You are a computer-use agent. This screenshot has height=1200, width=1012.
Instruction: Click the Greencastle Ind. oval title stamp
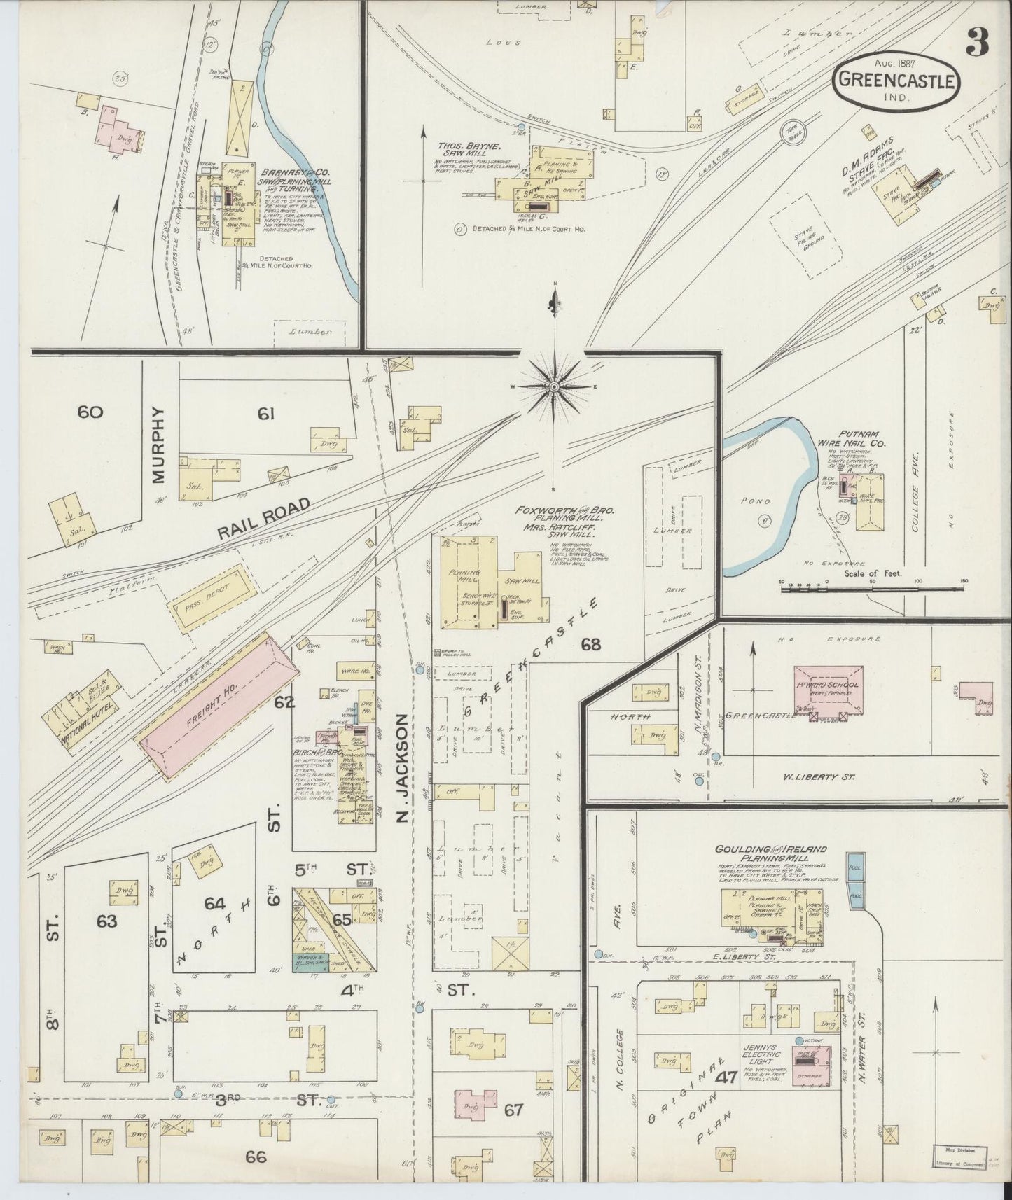(896, 83)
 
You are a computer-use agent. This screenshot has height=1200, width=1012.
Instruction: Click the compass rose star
(554, 386)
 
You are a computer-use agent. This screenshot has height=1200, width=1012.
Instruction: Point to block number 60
(90, 412)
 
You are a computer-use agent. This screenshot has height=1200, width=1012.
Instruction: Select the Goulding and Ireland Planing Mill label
(770, 853)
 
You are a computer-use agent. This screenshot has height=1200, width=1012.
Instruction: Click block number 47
(726, 1077)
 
